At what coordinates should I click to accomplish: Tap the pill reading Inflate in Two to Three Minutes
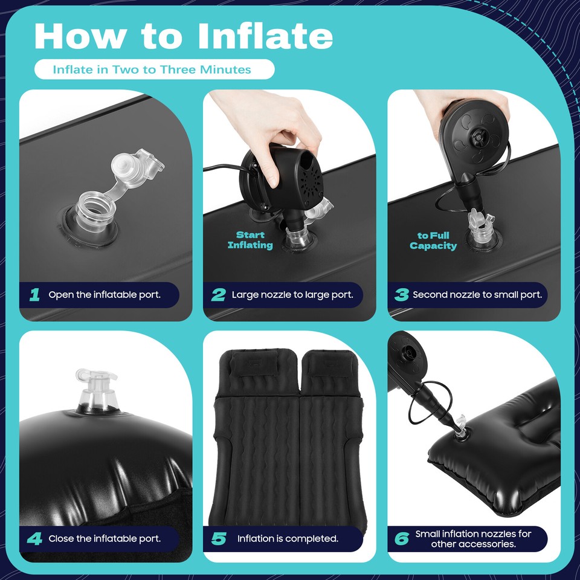coord(154,69)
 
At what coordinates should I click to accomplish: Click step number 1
coord(35,295)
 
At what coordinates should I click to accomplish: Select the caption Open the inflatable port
coord(105,295)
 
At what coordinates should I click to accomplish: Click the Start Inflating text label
coord(250,240)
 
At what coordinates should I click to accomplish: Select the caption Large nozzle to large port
coord(292,295)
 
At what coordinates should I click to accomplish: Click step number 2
coord(218,295)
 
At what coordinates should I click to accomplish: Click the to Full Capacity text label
coord(433,240)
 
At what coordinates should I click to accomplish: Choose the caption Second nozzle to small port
coord(477,295)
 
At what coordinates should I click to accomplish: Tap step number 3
coord(402,295)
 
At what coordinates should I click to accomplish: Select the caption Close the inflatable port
coord(105,538)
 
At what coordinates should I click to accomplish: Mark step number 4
coord(35,538)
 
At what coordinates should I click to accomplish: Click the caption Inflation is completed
coord(288,538)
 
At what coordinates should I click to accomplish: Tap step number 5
coord(218,538)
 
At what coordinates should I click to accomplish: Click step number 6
coord(402,538)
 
